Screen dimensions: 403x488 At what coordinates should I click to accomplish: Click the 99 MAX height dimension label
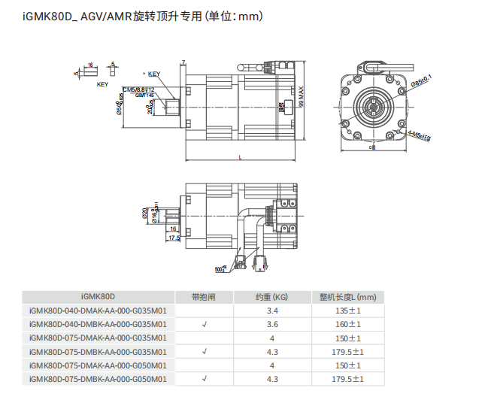[x=302, y=97]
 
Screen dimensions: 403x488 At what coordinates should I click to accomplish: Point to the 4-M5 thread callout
[x=417, y=135]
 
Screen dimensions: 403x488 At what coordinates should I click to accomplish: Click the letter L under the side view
[x=239, y=158]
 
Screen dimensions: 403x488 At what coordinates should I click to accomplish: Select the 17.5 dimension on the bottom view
[x=174, y=238]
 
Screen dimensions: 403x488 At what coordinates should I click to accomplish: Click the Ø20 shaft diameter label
[x=144, y=214]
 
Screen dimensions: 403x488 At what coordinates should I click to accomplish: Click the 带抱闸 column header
[x=204, y=296]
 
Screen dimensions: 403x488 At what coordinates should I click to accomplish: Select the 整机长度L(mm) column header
[x=347, y=296]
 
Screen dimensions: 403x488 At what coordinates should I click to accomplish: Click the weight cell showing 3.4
[x=272, y=311]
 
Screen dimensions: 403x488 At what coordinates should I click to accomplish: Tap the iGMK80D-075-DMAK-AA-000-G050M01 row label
[x=98, y=365]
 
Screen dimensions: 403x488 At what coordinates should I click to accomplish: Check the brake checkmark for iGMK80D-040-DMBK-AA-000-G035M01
[x=204, y=324]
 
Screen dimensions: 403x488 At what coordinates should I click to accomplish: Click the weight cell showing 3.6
[x=272, y=324]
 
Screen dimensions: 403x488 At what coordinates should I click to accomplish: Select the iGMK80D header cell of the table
[x=98, y=296]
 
